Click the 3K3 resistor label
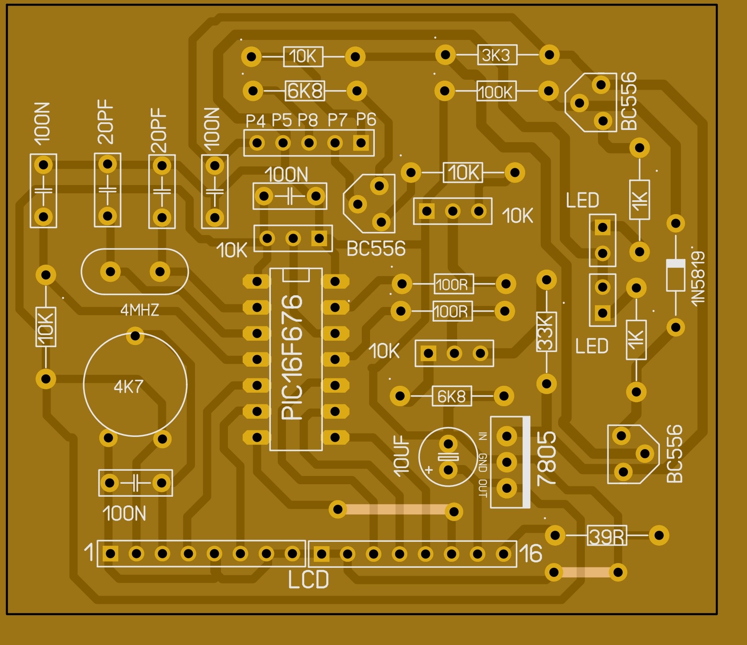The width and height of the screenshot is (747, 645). click(x=497, y=55)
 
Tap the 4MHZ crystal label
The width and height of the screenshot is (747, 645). click(x=140, y=310)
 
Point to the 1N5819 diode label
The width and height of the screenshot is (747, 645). click(x=698, y=278)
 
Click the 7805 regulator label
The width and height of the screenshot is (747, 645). click(x=546, y=458)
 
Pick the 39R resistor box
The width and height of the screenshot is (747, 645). click(x=607, y=537)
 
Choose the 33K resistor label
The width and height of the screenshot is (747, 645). click(x=546, y=332)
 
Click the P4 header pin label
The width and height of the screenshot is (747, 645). click(x=255, y=121)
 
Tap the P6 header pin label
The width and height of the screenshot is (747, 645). click(x=366, y=119)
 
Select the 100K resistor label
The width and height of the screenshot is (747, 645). click(x=496, y=92)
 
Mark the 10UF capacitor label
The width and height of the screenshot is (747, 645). click(x=402, y=456)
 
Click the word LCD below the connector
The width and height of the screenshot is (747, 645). click(x=308, y=580)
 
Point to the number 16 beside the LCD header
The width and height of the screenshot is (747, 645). click(x=530, y=554)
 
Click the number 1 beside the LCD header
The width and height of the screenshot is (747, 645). click(x=89, y=552)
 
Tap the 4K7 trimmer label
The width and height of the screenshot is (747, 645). click(x=128, y=386)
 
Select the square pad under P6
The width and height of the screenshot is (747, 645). click(x=361, y=143)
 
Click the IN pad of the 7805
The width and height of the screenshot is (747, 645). click(x=507, y=436)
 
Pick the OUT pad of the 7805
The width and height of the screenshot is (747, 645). click(x=507, y=489)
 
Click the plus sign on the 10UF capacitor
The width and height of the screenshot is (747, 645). click(x=429, y=469)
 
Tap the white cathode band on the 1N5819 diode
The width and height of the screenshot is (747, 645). click(x=676, y=264)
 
